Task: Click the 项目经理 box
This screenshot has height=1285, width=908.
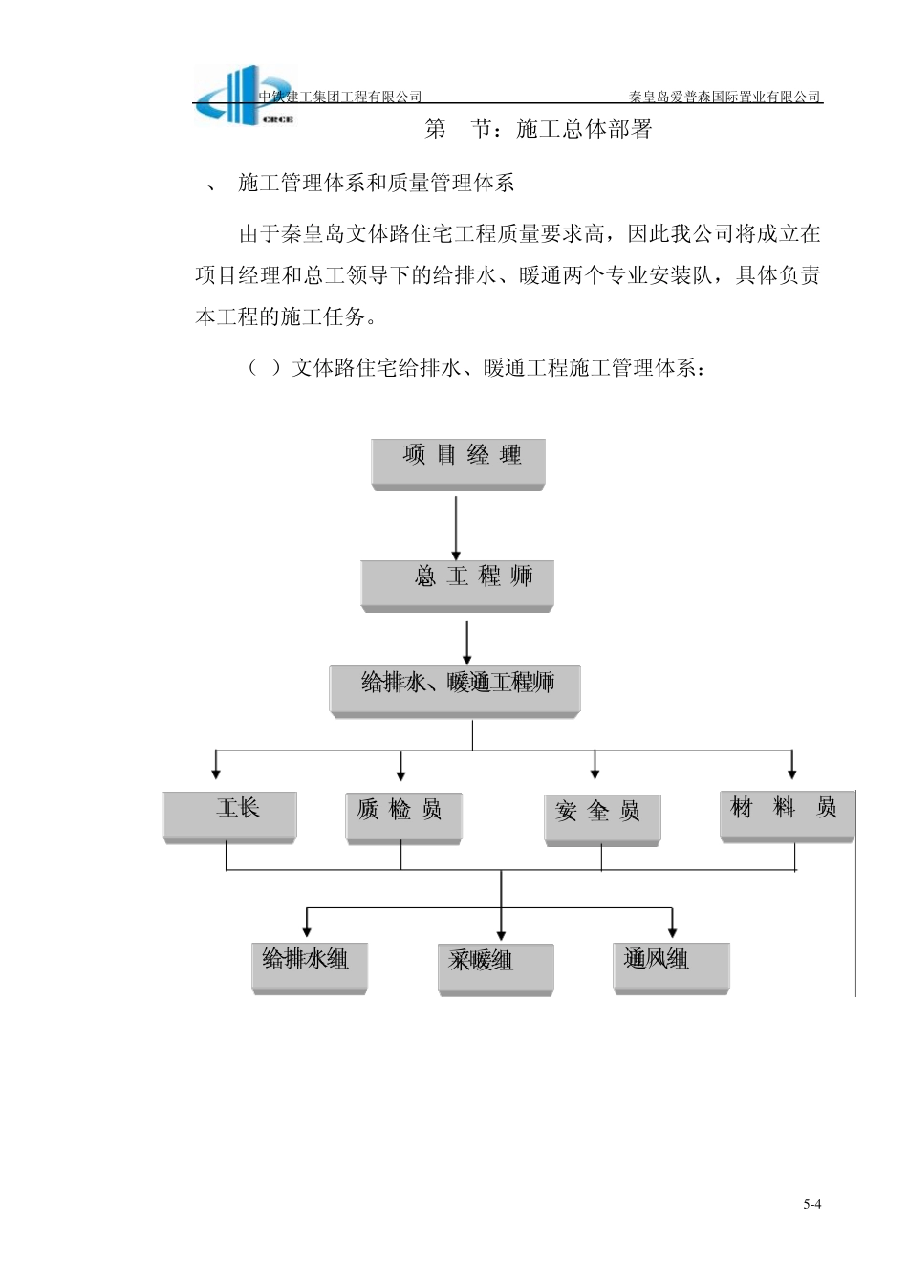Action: (458, 464)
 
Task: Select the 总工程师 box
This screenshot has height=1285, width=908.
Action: (457, 583)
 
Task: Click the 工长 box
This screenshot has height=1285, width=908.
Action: (229, 816)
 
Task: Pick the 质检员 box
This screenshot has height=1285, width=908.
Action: (403, 817)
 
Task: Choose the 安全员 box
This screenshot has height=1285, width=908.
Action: (602, 819)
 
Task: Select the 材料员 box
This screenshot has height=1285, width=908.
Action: (787, 816)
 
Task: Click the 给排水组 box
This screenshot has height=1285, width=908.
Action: (309, 967)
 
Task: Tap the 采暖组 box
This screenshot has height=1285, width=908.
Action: (495, 969)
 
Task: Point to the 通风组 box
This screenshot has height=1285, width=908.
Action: (671, 967)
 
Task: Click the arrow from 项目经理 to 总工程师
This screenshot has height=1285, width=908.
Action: (456, 527)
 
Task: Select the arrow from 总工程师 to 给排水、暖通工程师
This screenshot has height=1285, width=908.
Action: (467, 642)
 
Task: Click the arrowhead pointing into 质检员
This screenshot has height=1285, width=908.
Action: (401, 773)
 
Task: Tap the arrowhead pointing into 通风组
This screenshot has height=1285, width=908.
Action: (673, 929)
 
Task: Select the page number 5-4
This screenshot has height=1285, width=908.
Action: (811, 1204)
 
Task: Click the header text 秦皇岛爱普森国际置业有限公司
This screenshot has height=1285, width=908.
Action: (724, 97)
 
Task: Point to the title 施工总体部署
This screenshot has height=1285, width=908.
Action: (583, 129)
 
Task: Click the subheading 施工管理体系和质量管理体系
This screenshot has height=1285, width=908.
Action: (377, 184)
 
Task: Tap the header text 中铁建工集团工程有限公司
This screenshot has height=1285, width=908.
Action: (340, 97)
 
